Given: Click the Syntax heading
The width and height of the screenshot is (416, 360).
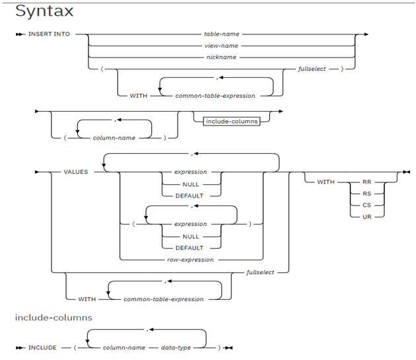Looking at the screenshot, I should (44, 11).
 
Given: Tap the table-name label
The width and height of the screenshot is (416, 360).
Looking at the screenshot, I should (221, 33).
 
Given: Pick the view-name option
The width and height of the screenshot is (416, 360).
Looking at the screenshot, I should (221, 46).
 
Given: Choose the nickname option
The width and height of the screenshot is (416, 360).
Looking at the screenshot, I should (221, 57).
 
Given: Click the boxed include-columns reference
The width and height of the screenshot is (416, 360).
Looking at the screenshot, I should (231, 122).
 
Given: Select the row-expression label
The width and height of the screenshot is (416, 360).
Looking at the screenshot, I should (191, 260).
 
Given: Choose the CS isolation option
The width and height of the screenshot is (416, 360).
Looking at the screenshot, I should (366, 204).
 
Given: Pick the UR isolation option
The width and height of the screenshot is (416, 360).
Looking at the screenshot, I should (366, 216).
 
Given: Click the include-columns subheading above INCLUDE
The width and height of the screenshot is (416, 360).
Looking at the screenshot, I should (53, 318).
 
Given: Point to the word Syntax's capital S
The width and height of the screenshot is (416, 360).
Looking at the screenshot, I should (21, 11).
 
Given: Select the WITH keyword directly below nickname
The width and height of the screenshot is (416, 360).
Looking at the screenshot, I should (139, 95).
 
